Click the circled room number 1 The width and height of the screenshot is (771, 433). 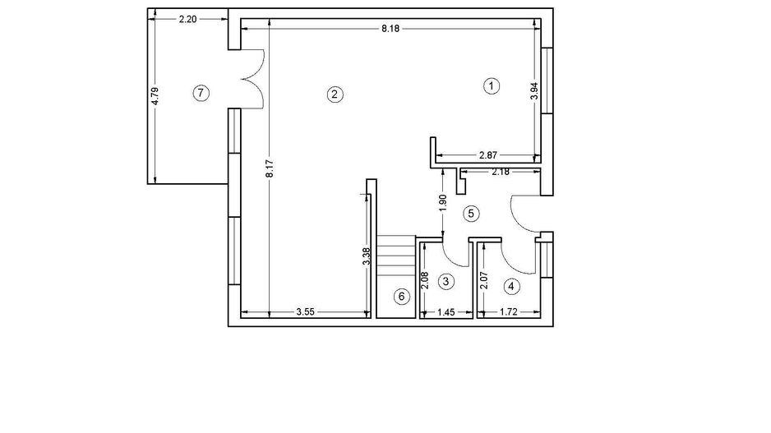coord(491,85)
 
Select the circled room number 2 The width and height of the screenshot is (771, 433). coord(335,94)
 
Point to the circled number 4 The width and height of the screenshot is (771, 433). coord(512,286)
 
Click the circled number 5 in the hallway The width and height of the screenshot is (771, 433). coord(471,214)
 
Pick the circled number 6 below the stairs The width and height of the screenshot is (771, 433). coord(401,297)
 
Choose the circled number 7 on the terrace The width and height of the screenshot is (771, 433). coord(200,93)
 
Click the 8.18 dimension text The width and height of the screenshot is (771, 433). coord(391,28)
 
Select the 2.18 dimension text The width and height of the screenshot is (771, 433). coord(501,172)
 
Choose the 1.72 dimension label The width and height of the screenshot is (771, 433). coord(511,312)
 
